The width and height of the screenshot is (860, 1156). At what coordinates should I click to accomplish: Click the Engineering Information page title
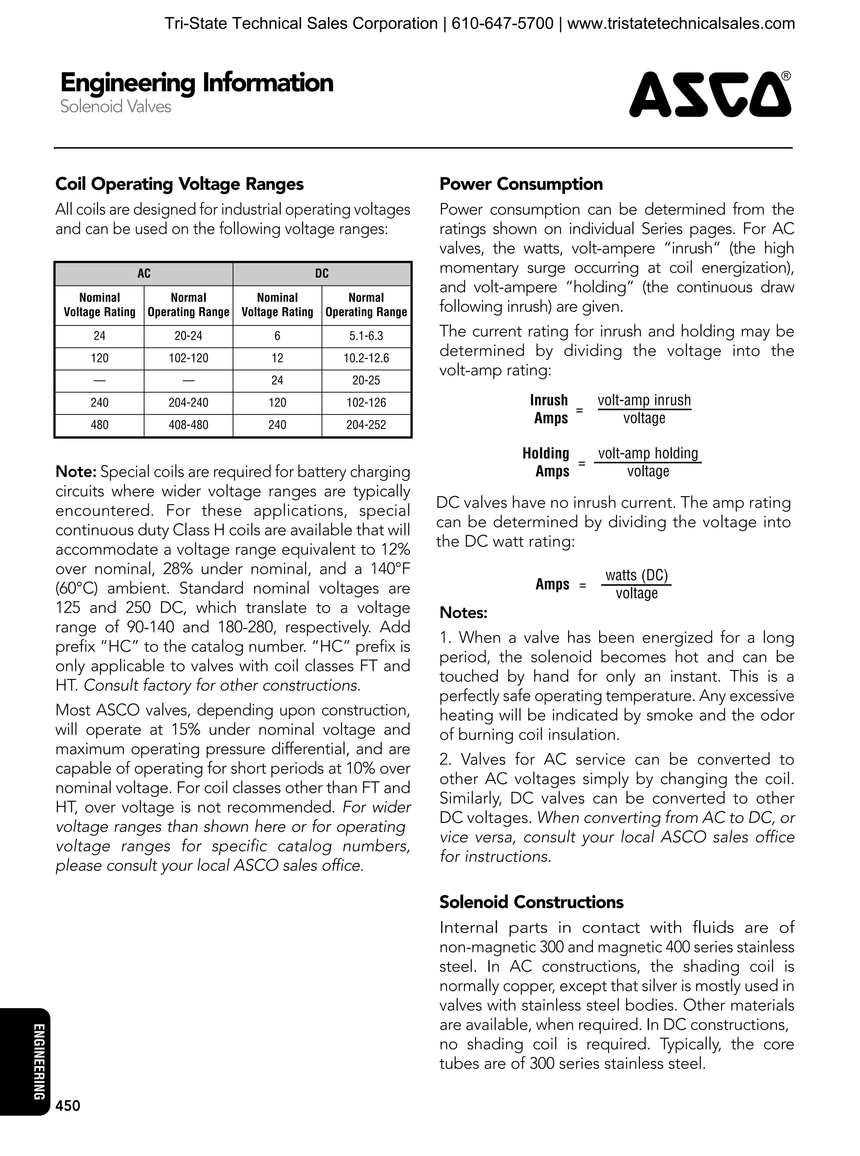(197, 83)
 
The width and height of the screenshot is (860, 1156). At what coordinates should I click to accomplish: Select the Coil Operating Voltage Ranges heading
(180, 184)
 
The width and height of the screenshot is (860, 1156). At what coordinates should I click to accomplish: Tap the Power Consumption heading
(521, 184)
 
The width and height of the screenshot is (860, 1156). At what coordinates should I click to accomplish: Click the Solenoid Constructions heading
(531, 902)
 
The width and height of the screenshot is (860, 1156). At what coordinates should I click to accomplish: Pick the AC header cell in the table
(144, 274)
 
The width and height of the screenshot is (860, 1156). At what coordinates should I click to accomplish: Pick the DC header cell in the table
(322, 274)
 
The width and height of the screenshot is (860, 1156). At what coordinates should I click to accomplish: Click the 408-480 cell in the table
(188, 425)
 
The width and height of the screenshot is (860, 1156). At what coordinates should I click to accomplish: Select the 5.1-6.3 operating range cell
(366, 336)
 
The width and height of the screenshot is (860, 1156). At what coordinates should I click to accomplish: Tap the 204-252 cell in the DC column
(366, 425)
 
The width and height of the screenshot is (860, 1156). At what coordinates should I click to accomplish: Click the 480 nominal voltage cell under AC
(100, 425)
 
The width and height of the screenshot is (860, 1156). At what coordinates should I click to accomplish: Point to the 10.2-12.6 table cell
(366, 358)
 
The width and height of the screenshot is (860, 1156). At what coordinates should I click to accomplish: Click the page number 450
(68, 1106)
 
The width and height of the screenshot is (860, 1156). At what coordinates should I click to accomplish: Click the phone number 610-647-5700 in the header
(502, 24)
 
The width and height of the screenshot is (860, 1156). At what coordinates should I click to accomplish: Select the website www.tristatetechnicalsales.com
(681, 24)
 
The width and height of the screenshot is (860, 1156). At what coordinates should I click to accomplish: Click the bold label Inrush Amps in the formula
(549, 409)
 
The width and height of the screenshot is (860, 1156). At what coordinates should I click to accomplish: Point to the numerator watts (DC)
(636, 575)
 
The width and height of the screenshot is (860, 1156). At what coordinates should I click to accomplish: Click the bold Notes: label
(463, 613)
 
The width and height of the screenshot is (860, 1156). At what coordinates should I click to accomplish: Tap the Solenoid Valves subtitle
(115, 107)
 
